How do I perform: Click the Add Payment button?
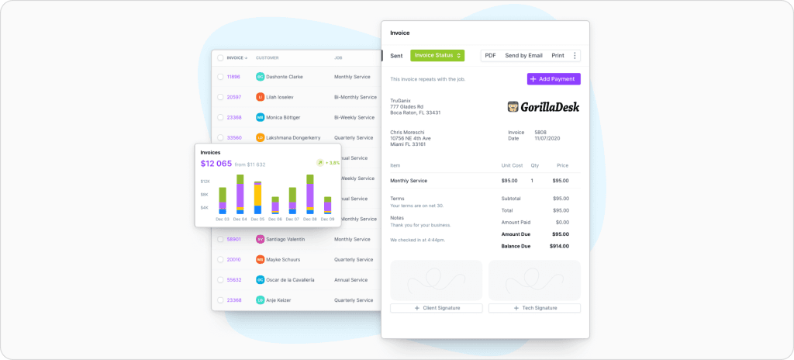click(554, 79)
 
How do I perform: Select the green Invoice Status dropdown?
click(437, 56)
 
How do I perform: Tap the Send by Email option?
click(523, 56)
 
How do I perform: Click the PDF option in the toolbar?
click(490, 56)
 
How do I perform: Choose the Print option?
click(558, 56)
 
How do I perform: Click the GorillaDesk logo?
click(543, 107)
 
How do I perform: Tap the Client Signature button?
click(437, 308)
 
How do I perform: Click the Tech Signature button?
click(534, 308)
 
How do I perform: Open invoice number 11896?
click(233, 77)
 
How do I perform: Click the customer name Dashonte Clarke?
click(285, 77)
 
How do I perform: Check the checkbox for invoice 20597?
click(220, 97)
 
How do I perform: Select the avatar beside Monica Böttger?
click(260, 117)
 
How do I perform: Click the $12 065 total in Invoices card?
click(216, 164)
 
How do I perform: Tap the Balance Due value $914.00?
click(559, 246)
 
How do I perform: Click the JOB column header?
click(338, 57)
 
